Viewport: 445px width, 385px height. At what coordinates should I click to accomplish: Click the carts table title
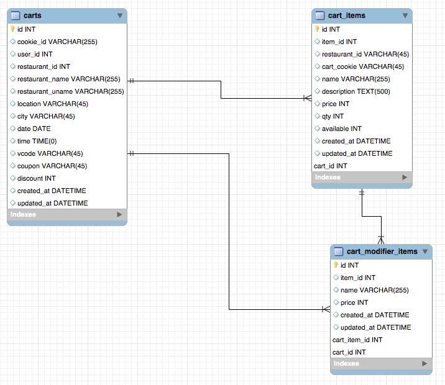(32, 16)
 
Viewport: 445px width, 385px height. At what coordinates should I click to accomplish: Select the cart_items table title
(346, 16)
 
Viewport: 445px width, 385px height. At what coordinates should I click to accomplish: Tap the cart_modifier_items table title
(382, 251)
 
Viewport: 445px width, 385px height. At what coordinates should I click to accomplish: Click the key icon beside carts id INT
(12, 29)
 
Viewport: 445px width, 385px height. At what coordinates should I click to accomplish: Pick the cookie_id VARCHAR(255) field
(57, 42)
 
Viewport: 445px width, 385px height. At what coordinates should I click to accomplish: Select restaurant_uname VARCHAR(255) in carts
(70, 91)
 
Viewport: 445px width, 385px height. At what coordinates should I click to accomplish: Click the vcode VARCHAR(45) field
(50, 153)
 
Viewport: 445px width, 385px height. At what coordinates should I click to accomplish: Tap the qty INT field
(333, 116)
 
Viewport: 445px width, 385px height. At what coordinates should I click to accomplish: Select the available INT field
(341, 129)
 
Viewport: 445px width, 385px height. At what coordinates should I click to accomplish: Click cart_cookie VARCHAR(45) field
(362, 66)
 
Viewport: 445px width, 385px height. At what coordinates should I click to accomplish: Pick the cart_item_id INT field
(357, 340)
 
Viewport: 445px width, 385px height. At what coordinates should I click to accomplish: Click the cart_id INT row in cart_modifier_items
(349, 352)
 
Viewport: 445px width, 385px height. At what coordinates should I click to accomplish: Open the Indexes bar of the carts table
(24, 214)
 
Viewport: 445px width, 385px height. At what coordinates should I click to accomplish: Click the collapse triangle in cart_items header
(405, 16)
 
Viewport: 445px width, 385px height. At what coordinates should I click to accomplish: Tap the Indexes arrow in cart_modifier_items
(424, 363)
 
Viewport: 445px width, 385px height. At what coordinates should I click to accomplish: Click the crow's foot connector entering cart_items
(306, 98)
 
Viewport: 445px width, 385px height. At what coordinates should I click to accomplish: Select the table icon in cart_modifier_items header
(339, 251)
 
